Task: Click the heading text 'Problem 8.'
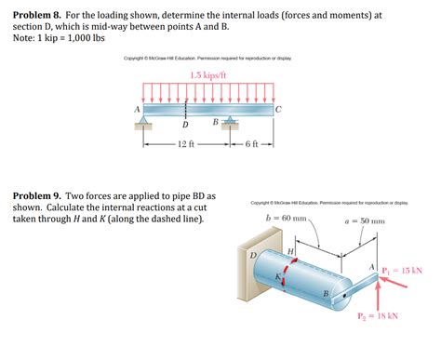pos(39,14)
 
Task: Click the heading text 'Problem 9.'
pos(39,197)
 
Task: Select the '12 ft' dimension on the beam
pos(184,145)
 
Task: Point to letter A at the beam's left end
pos(137,109)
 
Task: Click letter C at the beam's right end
pos(279,109)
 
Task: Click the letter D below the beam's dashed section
pos(184,125)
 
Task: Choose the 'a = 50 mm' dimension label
pos(364,221)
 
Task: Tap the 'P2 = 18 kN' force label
pos(377,315)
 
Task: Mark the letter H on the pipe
pos(291,251)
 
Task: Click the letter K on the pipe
pos(276,276)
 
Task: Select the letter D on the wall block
pos(252,255)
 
